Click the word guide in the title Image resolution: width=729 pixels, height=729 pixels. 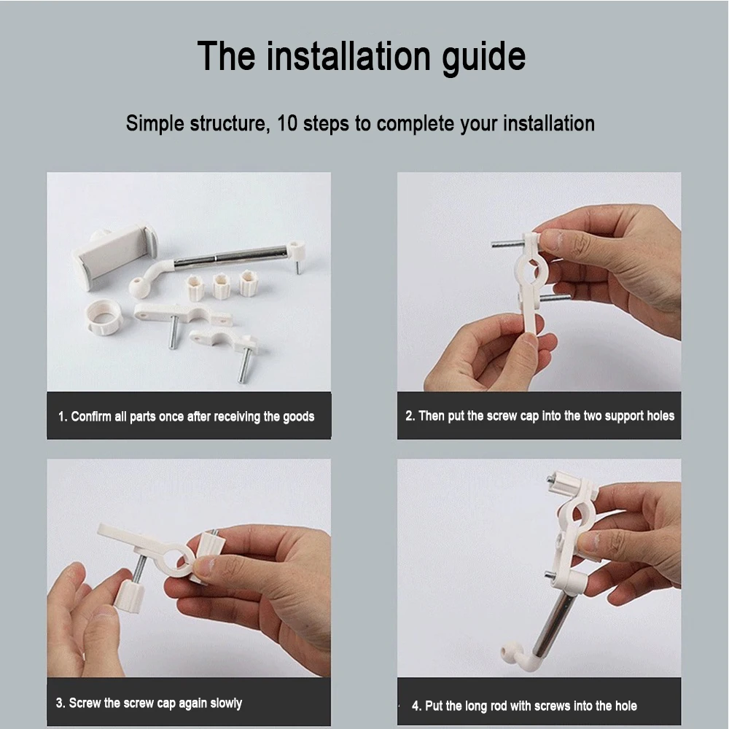click(483, 57)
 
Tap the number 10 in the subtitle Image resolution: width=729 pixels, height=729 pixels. click(286, 124)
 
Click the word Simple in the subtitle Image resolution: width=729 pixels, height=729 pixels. click(155, 124)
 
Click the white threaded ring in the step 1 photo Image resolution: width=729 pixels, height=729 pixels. click(104, 317)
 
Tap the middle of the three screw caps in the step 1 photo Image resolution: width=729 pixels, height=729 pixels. click(222, 286)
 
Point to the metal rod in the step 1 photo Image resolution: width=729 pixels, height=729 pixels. click(231, 258)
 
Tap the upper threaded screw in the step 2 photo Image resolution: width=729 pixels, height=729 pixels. click(508, 243)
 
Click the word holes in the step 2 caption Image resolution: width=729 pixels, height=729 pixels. click(660, 416)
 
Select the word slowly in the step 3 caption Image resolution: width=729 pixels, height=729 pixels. click(226, 703)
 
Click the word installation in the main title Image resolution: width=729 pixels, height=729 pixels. click(348, 57)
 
